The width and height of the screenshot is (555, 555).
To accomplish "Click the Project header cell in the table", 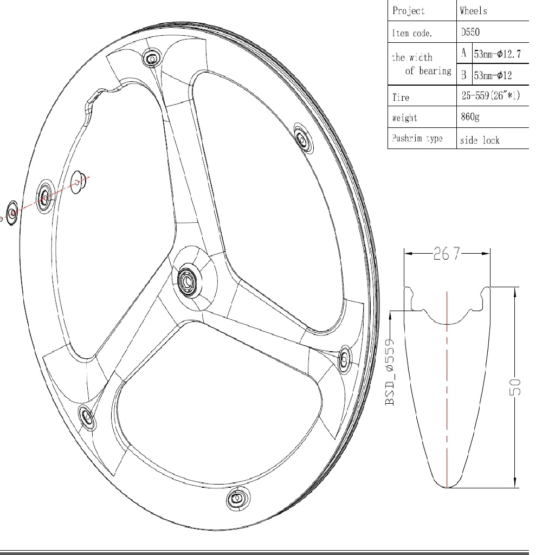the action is coord(409,11).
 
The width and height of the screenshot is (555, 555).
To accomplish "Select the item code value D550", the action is coord(470,32).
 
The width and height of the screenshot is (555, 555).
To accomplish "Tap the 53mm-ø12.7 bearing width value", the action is coord(498,54).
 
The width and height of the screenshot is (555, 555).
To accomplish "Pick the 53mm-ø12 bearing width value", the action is coord(493,75).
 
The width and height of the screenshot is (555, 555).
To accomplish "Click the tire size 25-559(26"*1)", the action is coord(491,95).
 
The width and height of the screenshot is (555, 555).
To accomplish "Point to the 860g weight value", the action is coord(470,117).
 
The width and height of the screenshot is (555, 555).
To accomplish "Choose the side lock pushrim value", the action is coord(480,140).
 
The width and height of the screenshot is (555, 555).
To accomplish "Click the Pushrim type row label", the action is coord(417,138).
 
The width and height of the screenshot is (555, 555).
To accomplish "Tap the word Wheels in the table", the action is coord(473,11).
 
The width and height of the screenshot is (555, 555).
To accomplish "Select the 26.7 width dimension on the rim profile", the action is coord(447,254).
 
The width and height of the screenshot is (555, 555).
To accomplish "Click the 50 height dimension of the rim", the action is coord(515,387).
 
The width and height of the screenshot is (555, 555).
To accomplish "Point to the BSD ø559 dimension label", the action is coord(390,372).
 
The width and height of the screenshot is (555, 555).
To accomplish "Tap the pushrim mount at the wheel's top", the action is coord(152,58).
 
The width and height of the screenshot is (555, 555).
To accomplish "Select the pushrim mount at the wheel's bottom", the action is coord(237,499).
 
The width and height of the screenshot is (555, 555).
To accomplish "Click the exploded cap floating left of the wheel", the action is coord(12,212).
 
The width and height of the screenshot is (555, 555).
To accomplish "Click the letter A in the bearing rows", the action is coord(464,53).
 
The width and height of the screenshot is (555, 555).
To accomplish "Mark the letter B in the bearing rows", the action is coord(464,75).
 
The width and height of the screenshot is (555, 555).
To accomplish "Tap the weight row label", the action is coord(404,118).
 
